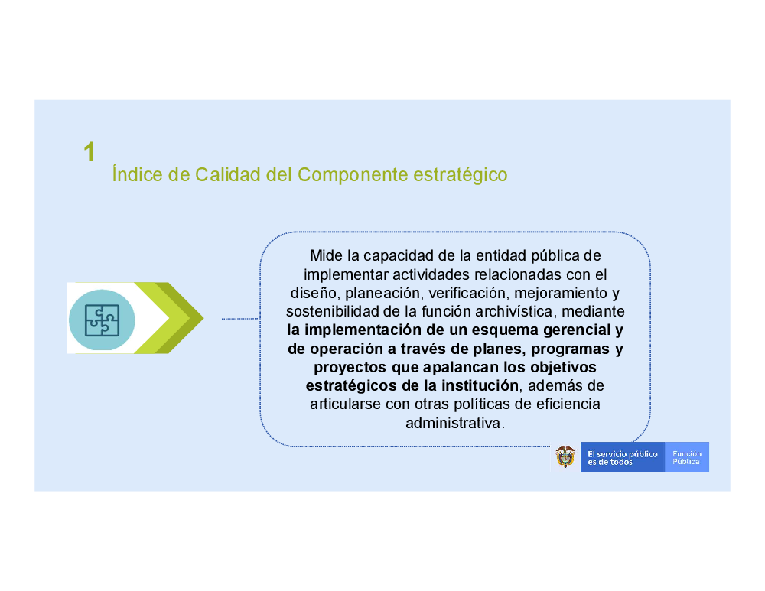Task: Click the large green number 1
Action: click(90, 152)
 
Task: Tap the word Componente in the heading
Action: click(352, 175)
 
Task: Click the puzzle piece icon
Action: click(102, 320)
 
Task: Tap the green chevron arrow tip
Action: click(203, 318)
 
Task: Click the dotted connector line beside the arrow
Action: click(241, 319)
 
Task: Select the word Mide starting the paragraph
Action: click(327, 255)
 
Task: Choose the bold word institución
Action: click(480, 385)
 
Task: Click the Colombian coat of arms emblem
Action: click(565, 457)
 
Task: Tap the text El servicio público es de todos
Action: click(622, 457)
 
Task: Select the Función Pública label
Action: click(686, 457)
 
